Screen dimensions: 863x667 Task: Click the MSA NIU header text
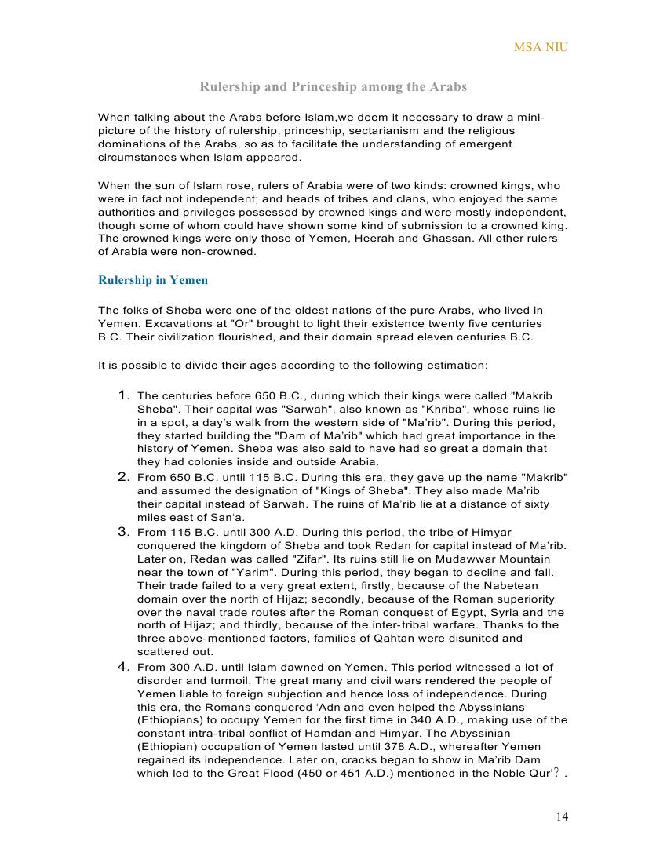click(541, 47)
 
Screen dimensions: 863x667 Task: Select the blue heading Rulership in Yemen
click(153, 280)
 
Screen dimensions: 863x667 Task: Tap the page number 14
click(562, 817)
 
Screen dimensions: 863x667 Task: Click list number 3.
click(124, 531)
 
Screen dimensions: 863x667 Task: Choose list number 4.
click(124, 667)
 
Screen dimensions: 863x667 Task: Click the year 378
click(421, 747)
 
